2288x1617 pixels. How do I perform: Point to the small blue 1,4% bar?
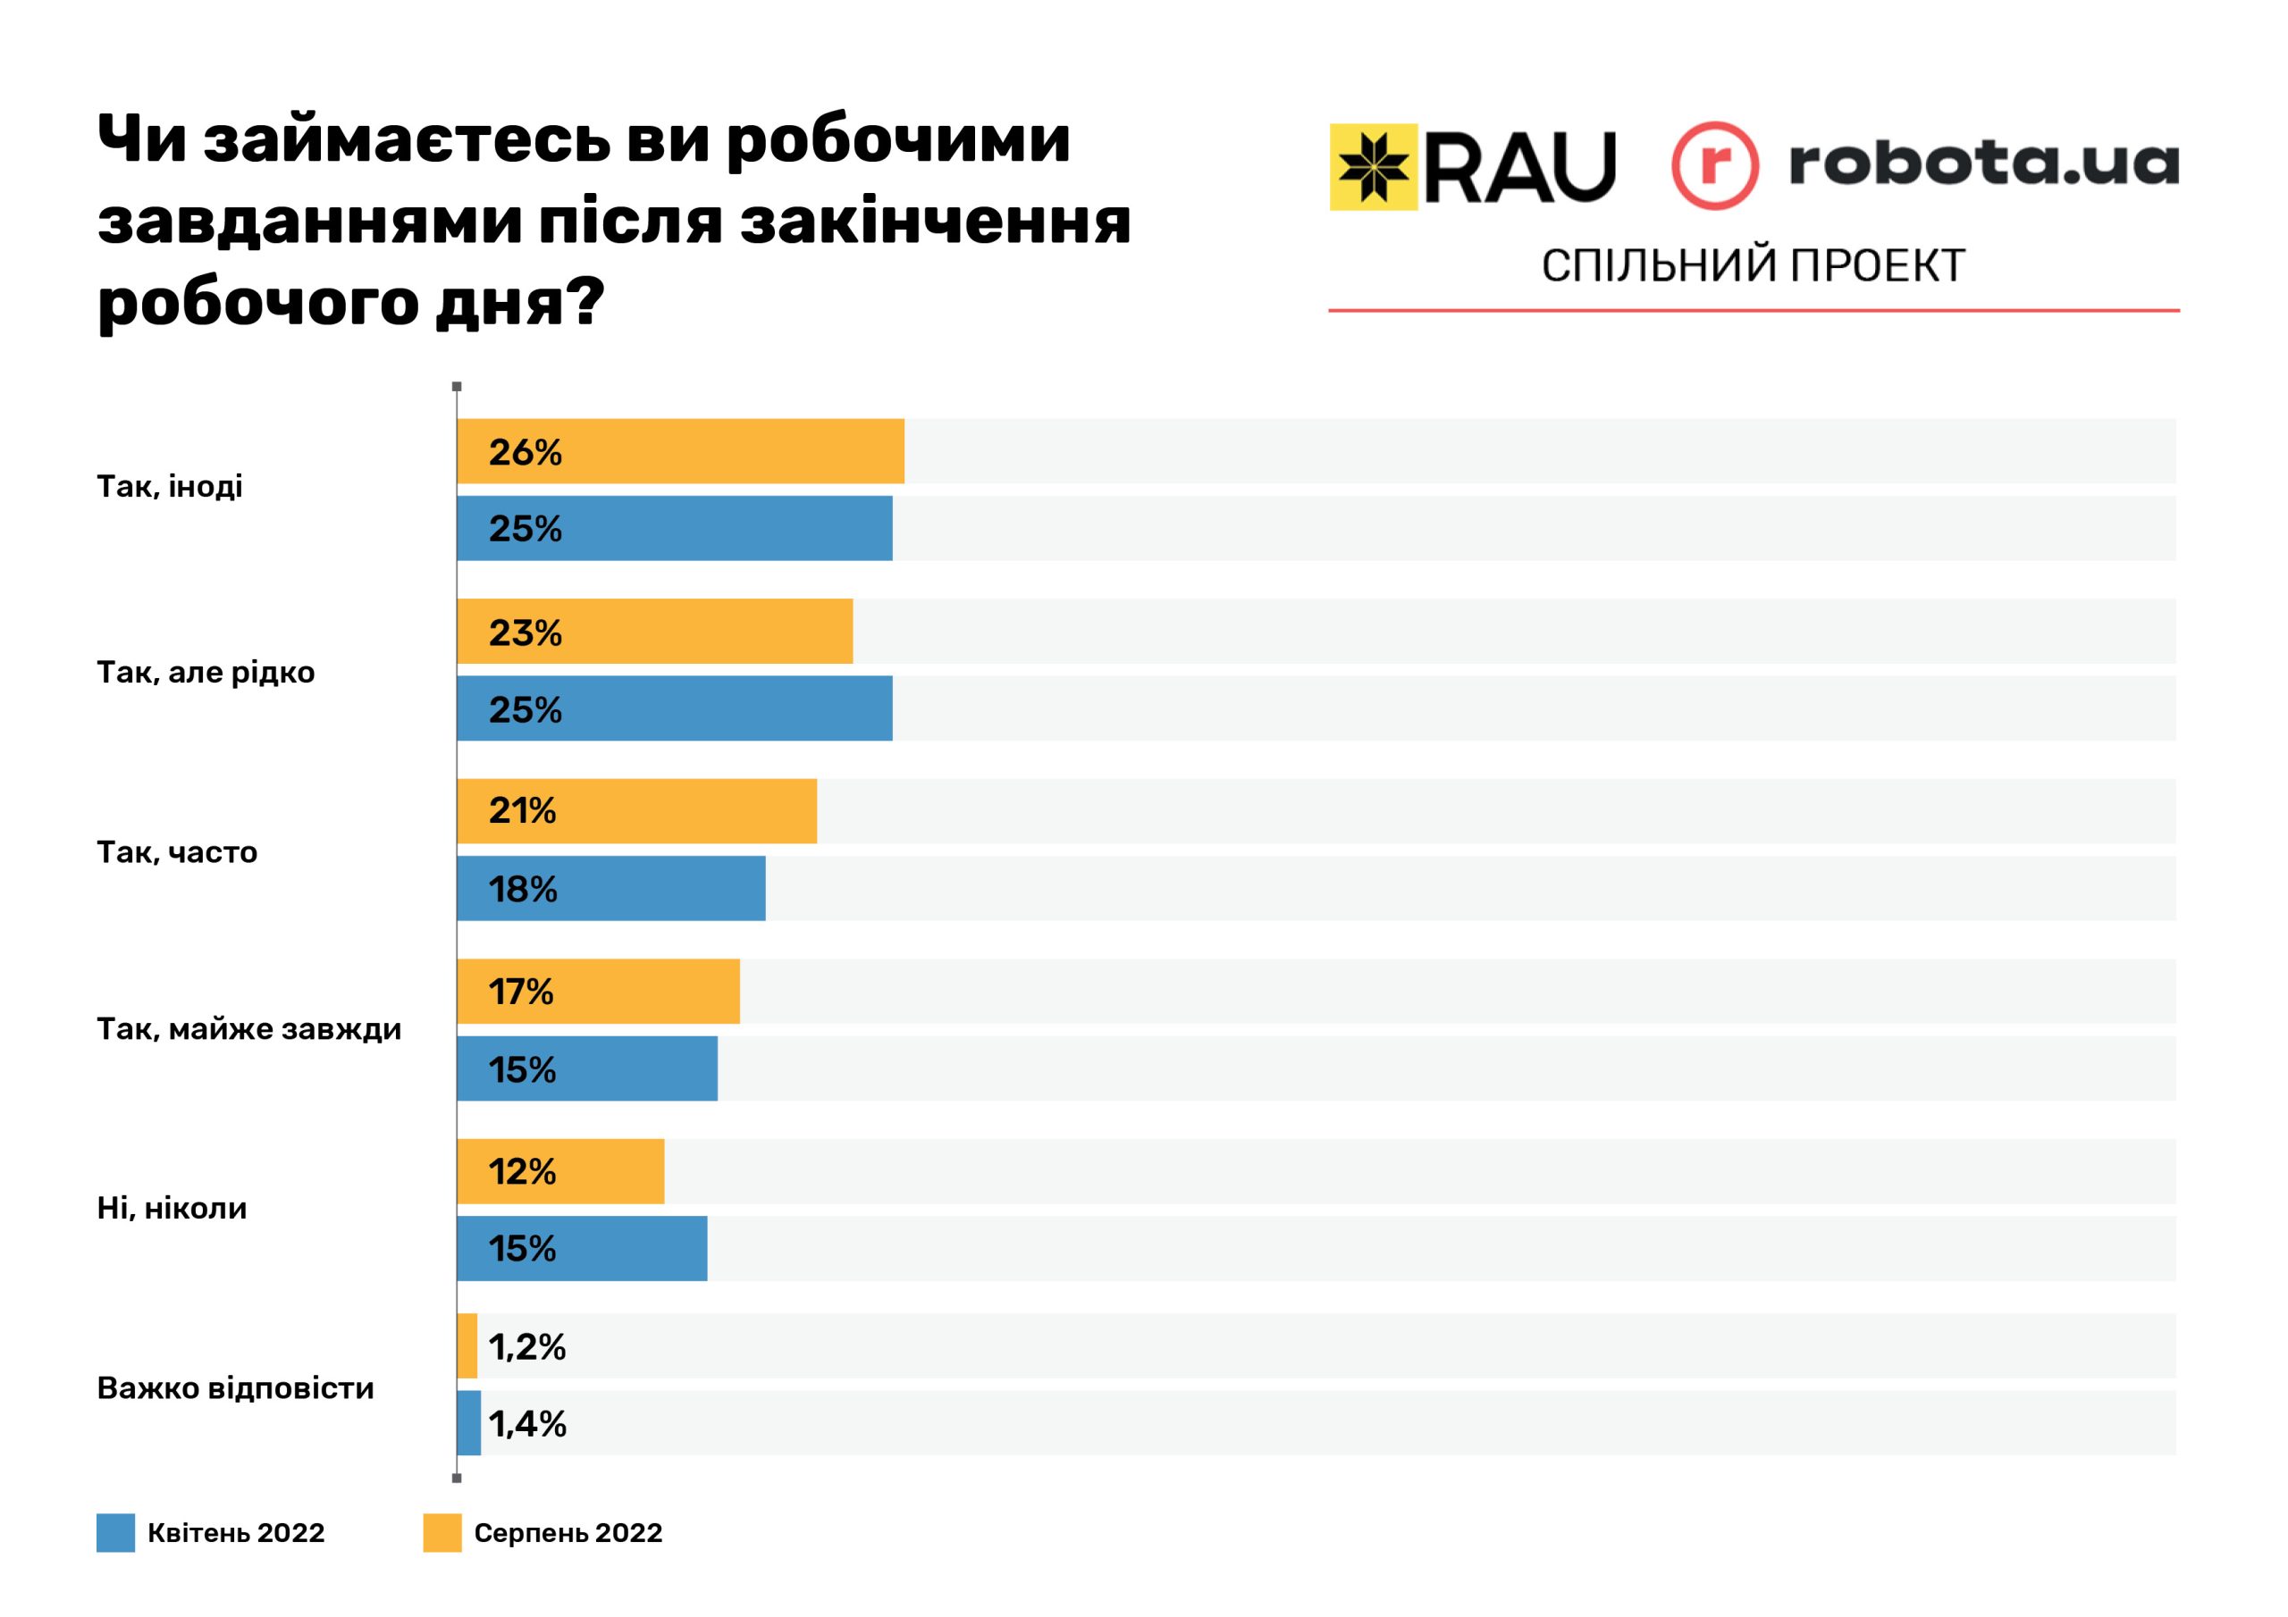tap(468, 1424)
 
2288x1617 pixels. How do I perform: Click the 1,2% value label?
tap(527, 1347)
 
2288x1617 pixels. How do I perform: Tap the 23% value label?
tap(526, 633)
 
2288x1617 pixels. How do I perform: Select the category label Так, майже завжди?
tap(249, 1029)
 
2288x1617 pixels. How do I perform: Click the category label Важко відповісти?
tap(235, 1387)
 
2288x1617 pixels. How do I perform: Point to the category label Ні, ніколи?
tap(172, 1209)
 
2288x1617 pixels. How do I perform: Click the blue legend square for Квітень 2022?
tap(115, 1532)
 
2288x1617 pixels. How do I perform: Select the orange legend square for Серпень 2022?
tap(442, 1532)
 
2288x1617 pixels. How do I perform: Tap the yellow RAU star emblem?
tap(1373, 167)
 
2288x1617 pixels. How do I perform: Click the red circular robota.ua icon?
tap(1714, 165)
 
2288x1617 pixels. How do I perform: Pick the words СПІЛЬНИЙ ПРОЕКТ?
tap(1753, 266)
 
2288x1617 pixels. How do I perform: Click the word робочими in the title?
tap(896, 141)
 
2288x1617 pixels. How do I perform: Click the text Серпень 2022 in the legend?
tap(568, 1532)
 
